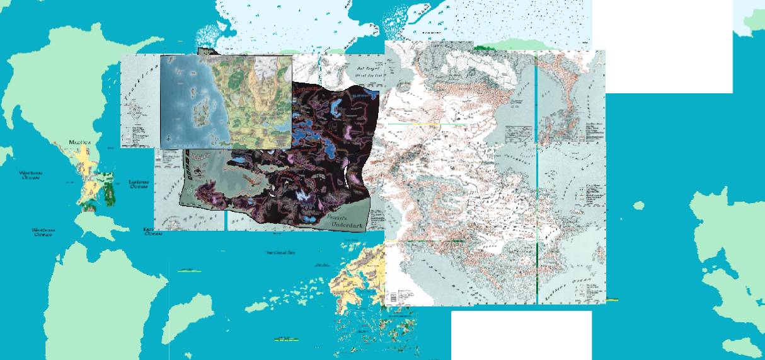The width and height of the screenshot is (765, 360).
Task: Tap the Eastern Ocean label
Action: (x=138, y=183)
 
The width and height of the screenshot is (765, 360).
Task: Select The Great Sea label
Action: (x=280, y=253)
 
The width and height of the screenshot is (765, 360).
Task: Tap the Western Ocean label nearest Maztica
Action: (x=30, y=175)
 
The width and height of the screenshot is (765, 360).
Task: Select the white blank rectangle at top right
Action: (x=662, y=46)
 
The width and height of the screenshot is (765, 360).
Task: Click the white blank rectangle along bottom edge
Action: (x=521, y=335)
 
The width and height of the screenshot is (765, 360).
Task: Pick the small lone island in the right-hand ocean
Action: (x=638, y=205)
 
